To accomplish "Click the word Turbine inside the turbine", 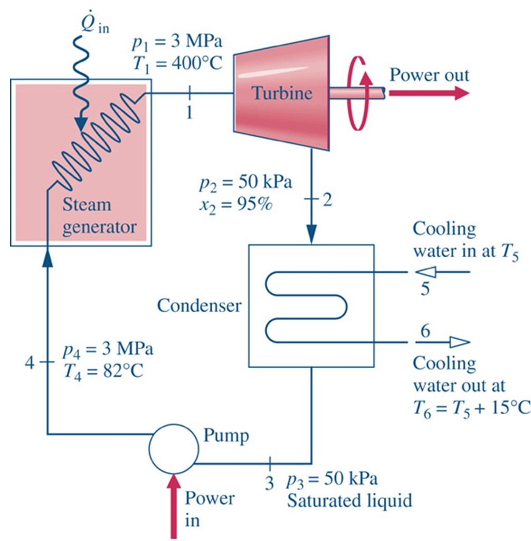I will tap(281, 94).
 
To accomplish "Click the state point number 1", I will tap(188, 113).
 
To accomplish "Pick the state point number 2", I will tap(327, 201).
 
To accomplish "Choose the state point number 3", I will tap(270, 482).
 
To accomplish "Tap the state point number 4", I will tap(30, 362).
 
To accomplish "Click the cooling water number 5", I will tap(424, 290).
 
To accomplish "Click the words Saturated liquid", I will tap(349, 500).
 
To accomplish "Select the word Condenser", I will tap(200, 305).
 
